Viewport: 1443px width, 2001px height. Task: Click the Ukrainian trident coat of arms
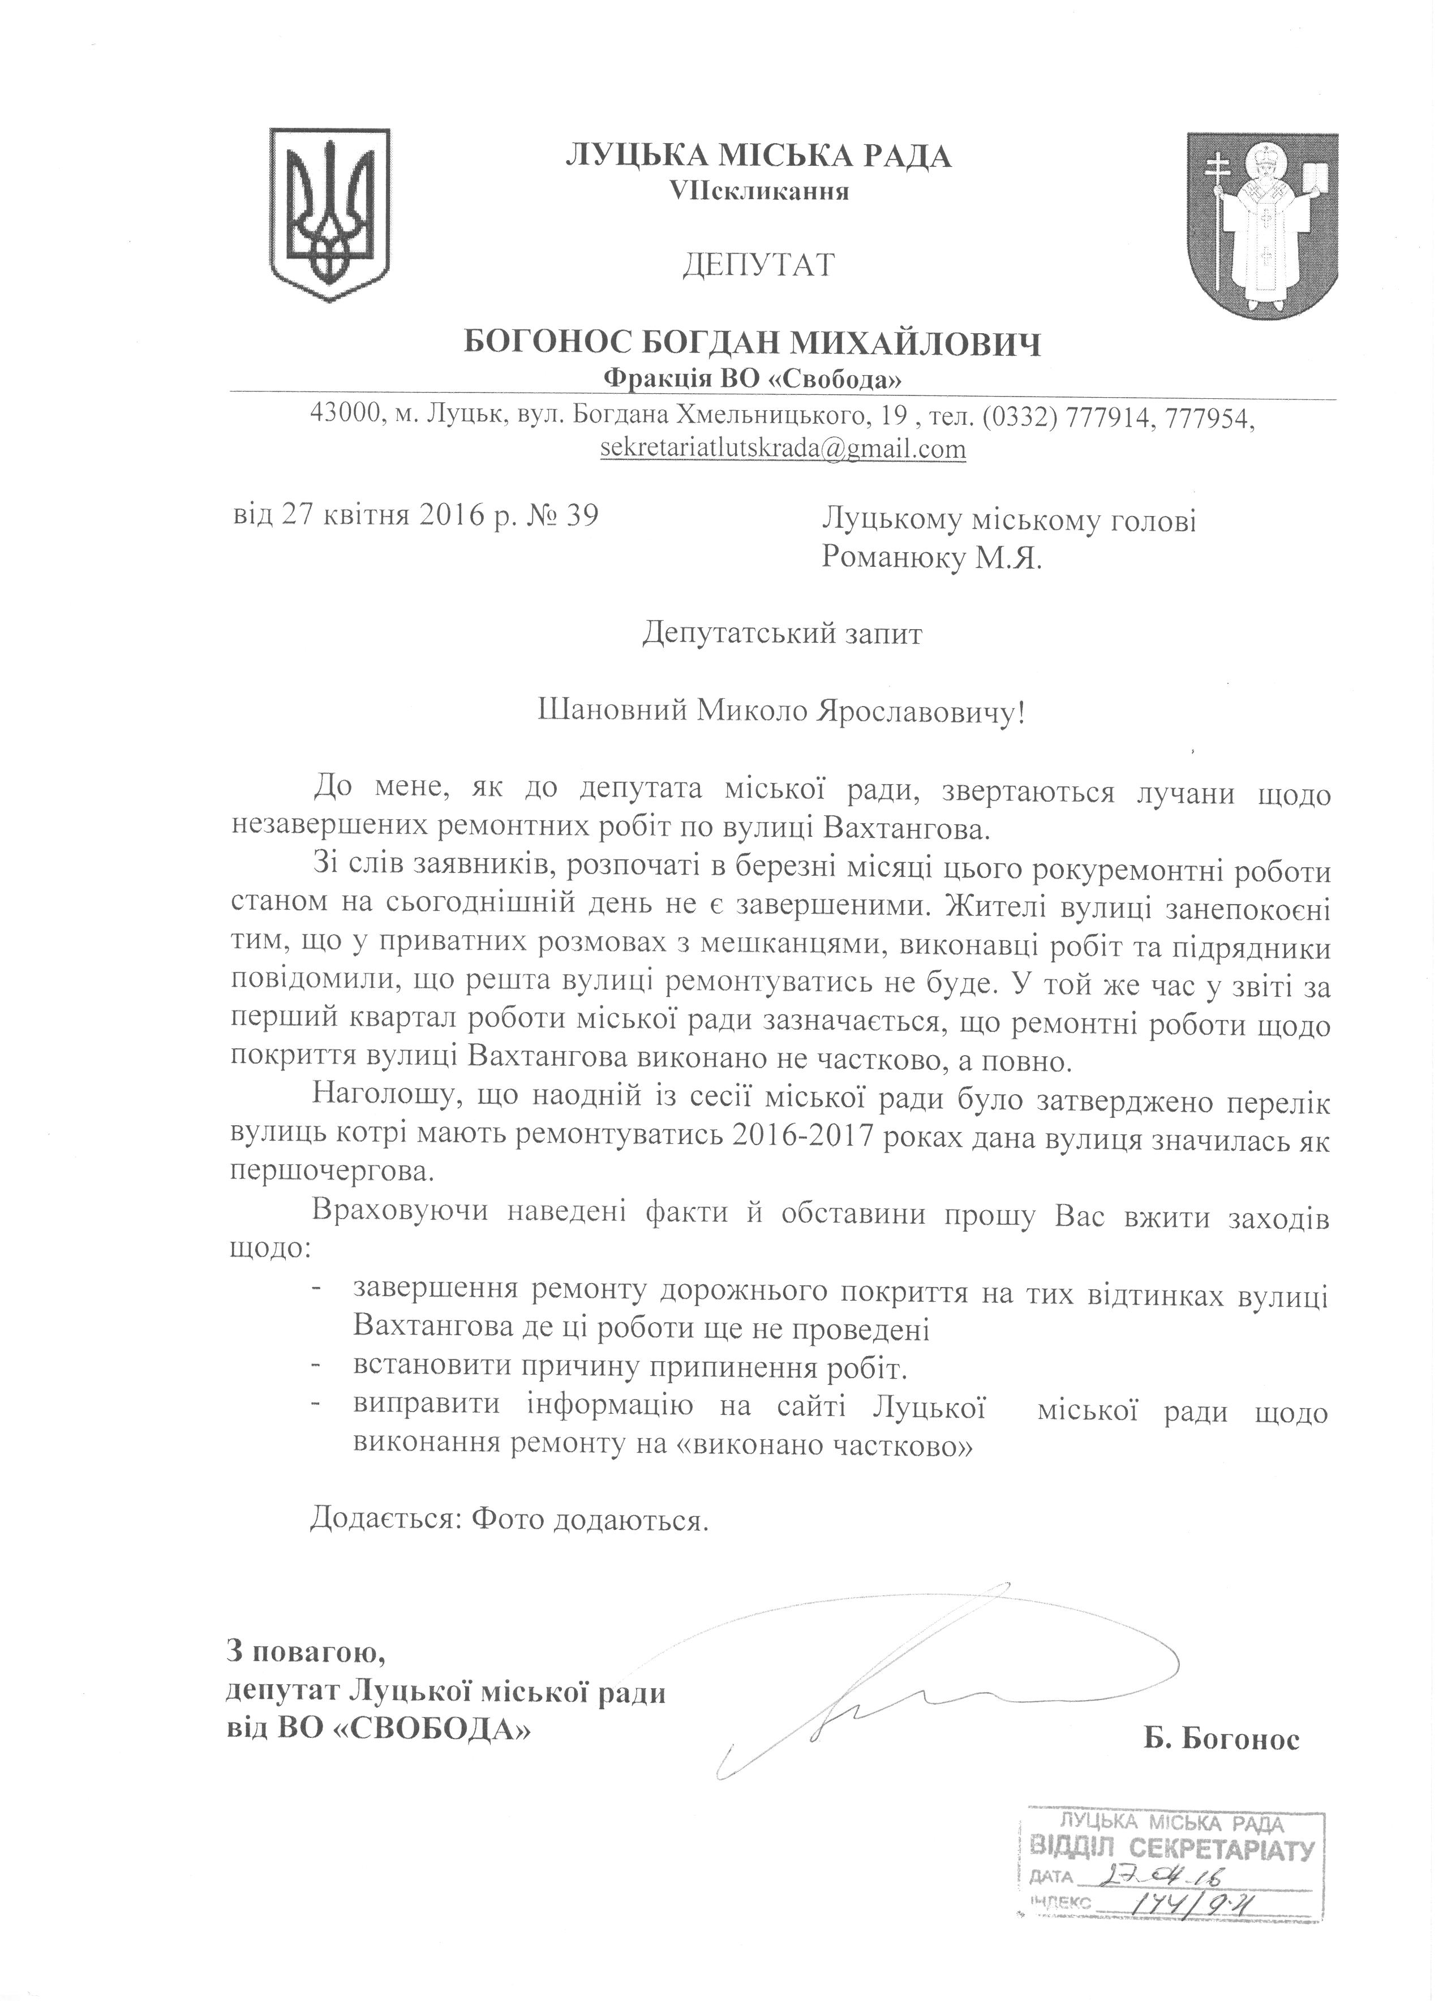(x=328, y=206)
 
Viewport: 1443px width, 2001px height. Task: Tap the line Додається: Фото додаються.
(x=509, y=1522)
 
